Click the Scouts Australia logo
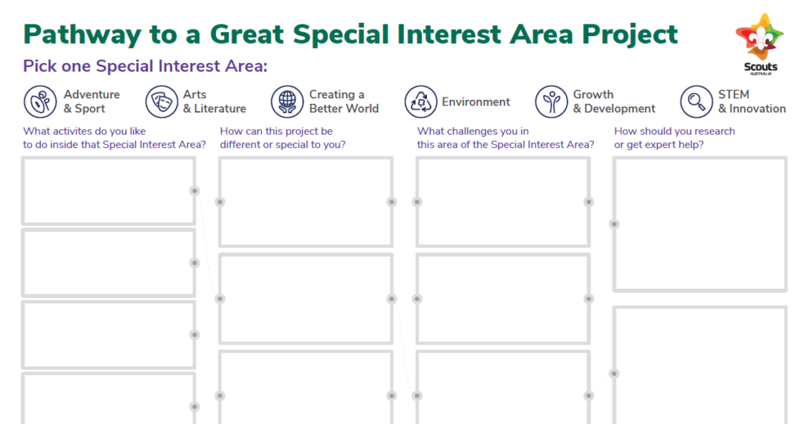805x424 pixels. pyautogui.click(x=760, y=44)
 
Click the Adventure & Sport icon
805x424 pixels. pyautogui.click(x=40, y=101)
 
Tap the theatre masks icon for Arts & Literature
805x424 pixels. pyautogui.click(x=161, y=101)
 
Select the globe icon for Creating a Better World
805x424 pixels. pyautogui.click(x=287, y=101)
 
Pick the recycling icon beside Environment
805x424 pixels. pyautogui.click(x=421, y=101)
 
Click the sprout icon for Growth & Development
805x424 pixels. pyautogui.click(x=551, y=101)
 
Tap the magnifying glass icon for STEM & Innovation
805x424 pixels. pyautogui.click(x=697, y=101)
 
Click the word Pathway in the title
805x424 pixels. pyautogui.click(x=82, y=35)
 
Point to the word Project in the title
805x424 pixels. pyautogui.click(x=630, y=35)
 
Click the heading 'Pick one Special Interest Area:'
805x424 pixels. pyautogui.click(x=145, y=66)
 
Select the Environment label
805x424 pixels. pyautogui.click(x=476, y=101)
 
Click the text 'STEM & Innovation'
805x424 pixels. pyautogui.click(x=752, y=101)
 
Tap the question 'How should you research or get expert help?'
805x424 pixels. pyautogui.click(x=675, y=138)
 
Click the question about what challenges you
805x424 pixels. pyautogui.click(x=505, y=138)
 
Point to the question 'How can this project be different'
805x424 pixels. pyautogui.click(x=283, y=138)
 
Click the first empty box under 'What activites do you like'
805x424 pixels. pyautogui.click(x=108, y=190)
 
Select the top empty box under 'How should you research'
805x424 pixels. pyautogui.click(x=700, y=224)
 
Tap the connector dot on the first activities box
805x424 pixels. pyautogui.click(x=195, y=190)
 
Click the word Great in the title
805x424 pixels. pyautogui.click(x=247, y=35)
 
